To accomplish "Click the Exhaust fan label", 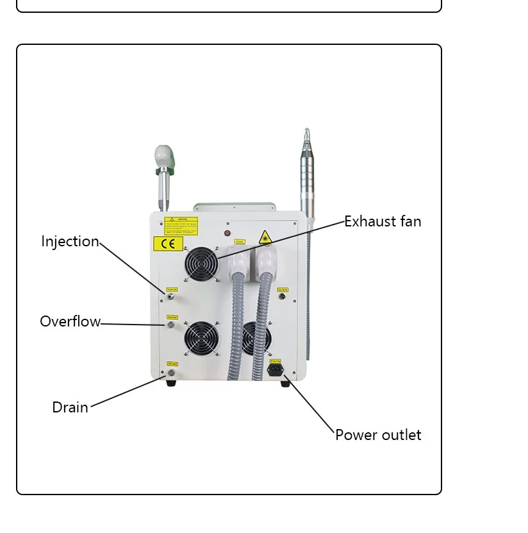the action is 383,221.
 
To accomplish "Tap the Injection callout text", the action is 70,241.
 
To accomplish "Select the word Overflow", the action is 70,321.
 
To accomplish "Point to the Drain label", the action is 70,407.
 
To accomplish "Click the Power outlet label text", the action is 378,435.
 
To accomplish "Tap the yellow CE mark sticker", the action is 168,243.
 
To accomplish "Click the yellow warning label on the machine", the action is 181,224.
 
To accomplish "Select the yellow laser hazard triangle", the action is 265,237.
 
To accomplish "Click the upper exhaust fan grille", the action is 202,263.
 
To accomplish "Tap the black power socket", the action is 276,370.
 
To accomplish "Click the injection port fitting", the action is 170,296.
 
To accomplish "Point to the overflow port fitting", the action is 171,325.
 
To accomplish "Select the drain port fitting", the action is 170,373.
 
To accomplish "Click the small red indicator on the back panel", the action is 227,233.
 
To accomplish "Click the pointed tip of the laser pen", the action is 306,133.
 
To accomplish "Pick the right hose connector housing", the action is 265,262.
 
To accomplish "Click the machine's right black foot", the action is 285,384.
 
